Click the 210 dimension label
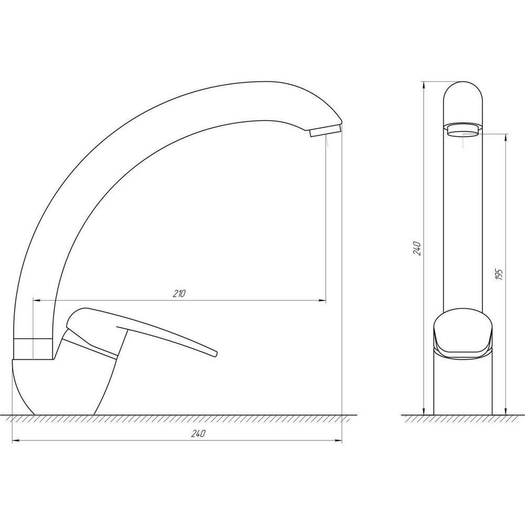(x=179, y=293)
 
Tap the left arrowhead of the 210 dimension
(x=37, y=301)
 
